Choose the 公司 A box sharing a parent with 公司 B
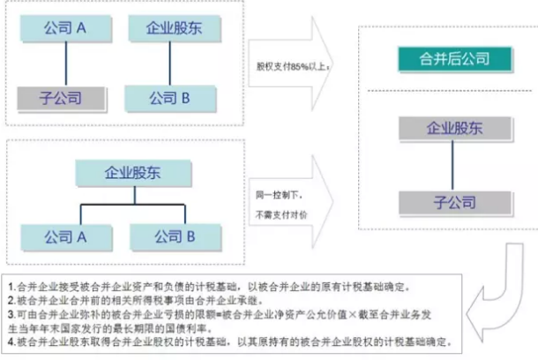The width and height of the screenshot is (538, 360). [64, 236]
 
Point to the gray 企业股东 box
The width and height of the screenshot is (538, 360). [454, 130]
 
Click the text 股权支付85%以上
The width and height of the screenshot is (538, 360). [291, 66]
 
